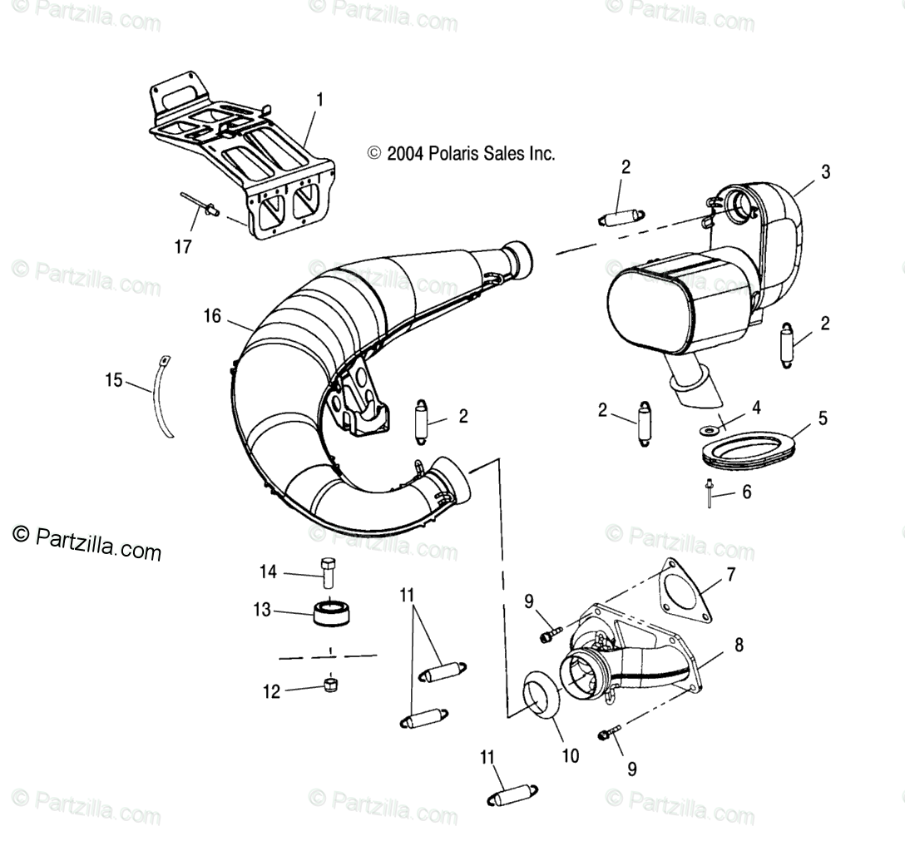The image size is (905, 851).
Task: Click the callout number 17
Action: click(x=182, y=246)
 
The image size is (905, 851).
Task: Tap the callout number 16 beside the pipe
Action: click(x=212, y=315)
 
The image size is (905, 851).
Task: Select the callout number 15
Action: click(x=114, y=381)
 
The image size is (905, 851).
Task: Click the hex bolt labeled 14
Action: click(x=327, y=571)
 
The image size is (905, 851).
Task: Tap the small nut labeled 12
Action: click(x=330, y=685)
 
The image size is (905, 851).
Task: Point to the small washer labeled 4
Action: click(x=710, y=429)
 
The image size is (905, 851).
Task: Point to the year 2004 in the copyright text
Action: click(x=405, y=154)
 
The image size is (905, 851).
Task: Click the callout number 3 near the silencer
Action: click(x=824, y=172)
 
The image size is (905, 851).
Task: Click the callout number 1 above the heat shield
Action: click(x=319, y=100)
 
